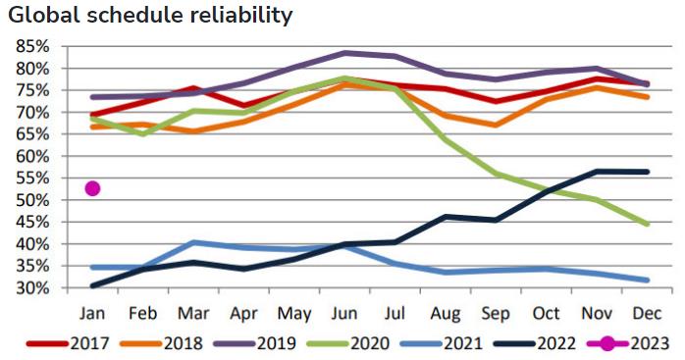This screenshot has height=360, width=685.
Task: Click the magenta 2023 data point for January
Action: [x=92, y=188]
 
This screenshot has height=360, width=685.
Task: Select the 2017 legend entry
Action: [x=68, y=343]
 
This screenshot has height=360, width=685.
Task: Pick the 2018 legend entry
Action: [x=161, y=343]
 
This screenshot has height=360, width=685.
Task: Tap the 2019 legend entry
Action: [x=255, y=343]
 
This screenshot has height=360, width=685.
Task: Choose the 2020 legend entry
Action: [x=348, y=343]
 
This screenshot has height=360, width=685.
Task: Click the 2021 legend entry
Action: [x=442, y=343]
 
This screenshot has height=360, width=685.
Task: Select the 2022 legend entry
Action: [x=535, y=343]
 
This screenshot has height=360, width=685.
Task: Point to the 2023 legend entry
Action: [x=629, y=343]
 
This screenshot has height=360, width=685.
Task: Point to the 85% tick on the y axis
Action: [x=32, y=46]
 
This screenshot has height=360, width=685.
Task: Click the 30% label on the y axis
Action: [x=32, y=288]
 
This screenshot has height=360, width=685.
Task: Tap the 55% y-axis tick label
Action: [x=32, y=179]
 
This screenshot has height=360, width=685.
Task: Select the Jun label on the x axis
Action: [x=344, y=314]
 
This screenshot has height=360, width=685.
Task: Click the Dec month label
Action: [x=648, y=313]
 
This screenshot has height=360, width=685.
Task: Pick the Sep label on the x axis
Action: [x=496, y=314]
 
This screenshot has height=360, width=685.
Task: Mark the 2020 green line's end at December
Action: [x=647, y=224]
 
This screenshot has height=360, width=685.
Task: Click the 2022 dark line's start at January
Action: [x=92, y=285]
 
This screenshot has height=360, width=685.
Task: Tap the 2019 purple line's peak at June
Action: [x=344, y=53]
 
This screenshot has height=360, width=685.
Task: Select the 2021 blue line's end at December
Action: [x=647, y=280]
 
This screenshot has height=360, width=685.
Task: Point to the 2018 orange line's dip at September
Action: [x=496, y=125]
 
